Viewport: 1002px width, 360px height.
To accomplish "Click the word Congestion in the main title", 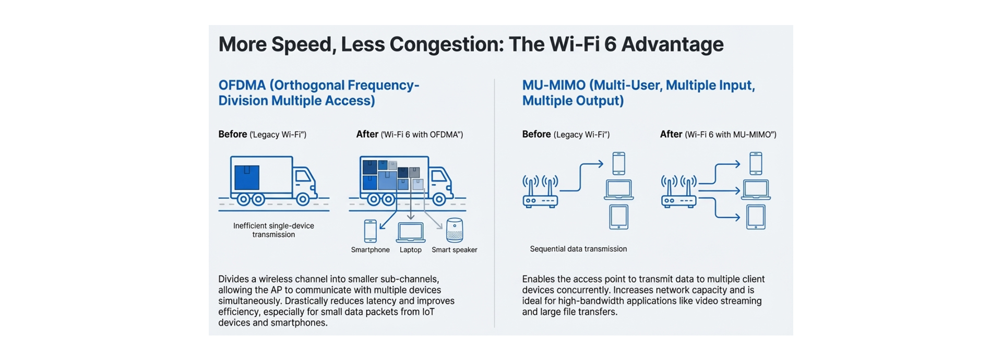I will (x=446, y=45).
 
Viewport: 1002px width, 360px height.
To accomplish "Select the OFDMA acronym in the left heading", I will (x=242, y=86).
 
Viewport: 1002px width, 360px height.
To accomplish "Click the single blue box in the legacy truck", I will (x=247, y=177).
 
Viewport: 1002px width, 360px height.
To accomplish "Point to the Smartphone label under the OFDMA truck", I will (x=370, y=250).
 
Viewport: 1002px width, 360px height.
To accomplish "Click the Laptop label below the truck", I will (x=410, y=250).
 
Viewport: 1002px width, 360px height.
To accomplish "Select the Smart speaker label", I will (x=454, y=250).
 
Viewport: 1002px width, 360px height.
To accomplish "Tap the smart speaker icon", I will (x=455, y=230).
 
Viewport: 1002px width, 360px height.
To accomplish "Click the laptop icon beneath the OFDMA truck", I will (x=411, y=232).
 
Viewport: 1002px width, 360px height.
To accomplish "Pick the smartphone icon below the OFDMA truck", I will (x=370, y=231).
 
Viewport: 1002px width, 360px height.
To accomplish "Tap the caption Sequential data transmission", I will (x=578, y=249).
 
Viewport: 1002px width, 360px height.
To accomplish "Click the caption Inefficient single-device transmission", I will (x=273, y=230).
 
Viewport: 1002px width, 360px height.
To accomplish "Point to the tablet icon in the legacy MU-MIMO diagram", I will (x=619, y=217).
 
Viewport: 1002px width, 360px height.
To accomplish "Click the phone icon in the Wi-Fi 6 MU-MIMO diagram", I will (x=755, y=163).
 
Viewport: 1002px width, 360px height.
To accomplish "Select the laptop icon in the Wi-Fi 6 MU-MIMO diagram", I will (x=756, y=190).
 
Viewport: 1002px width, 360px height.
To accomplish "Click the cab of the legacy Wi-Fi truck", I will (x=304, y=183).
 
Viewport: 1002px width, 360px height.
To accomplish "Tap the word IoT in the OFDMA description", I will (x=428, y=312).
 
